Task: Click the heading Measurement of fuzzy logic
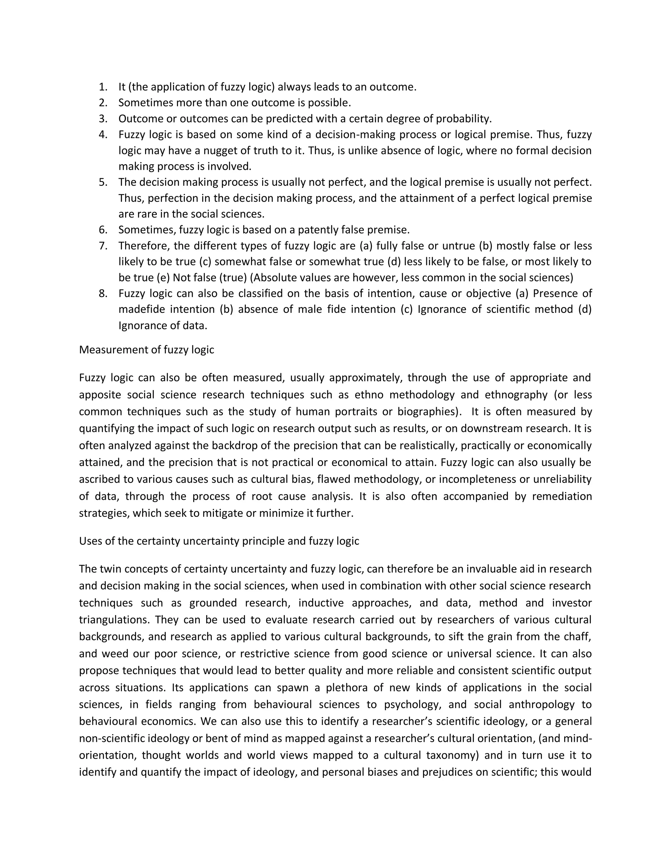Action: (x=146, y=350)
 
